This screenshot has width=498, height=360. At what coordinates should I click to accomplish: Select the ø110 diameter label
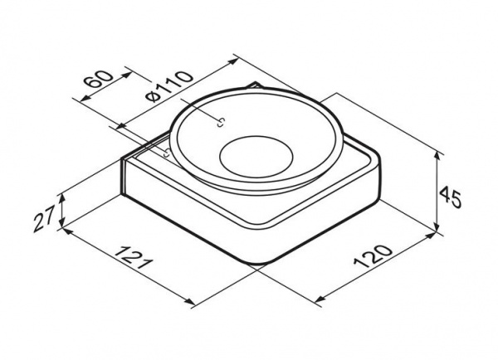point(170,86)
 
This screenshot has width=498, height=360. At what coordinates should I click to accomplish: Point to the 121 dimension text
point(134,257)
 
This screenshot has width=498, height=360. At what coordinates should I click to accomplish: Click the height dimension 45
point(451,197)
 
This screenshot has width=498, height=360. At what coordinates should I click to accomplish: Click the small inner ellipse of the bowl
point(256,154)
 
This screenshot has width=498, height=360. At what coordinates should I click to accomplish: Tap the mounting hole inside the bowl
point(221,123)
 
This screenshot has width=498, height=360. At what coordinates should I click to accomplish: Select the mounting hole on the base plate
point(167,153)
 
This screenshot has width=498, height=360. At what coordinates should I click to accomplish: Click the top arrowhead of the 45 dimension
point(437,156)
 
